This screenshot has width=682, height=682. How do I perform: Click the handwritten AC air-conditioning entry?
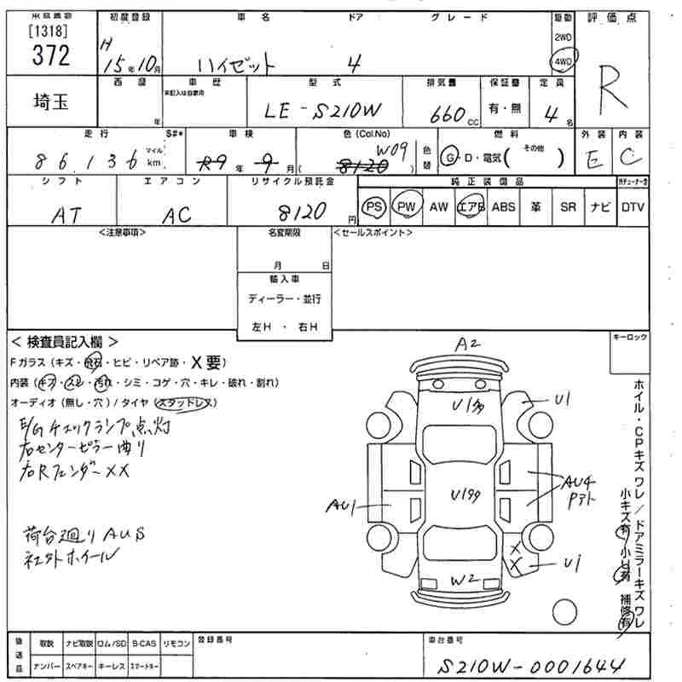point(177,214)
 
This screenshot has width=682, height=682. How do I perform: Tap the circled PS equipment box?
point(373,207)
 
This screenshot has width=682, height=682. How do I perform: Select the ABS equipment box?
point(503,207)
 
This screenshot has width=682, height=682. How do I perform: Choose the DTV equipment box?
point(633,207)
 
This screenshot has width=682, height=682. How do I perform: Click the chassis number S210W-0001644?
point(529,664)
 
